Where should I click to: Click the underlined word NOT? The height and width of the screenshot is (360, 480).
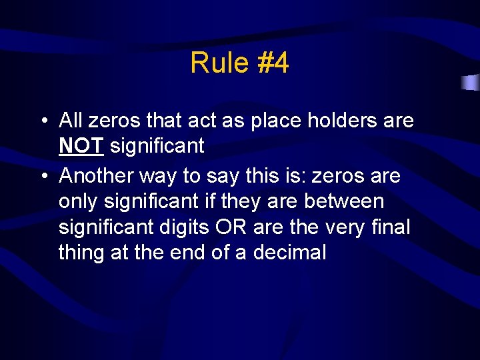coord(81,145)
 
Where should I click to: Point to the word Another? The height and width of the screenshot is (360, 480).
coord(95,176)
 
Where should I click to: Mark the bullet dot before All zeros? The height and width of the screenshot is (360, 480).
coord(42,121)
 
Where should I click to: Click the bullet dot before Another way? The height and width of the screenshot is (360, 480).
coord(42,177)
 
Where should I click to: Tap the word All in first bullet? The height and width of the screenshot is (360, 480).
coord(70,121)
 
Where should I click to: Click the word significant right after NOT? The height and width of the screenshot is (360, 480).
coord(157,145)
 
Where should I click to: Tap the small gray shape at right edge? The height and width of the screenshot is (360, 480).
coord(471,83)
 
